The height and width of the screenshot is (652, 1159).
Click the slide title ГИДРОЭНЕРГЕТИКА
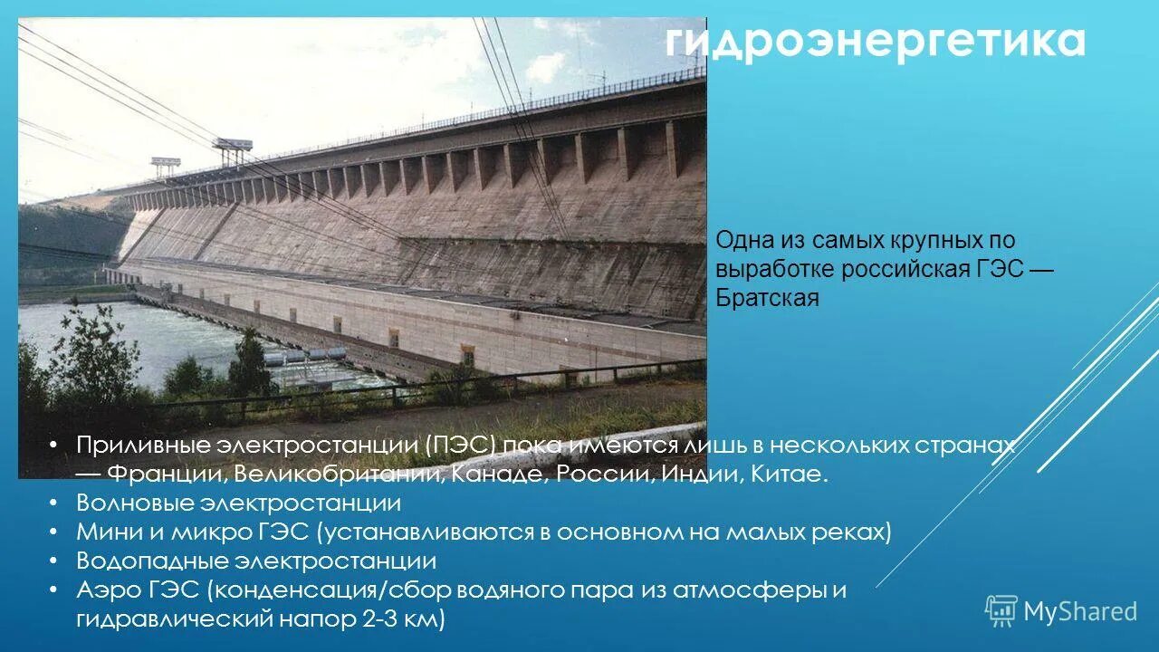click(x=876, y=42)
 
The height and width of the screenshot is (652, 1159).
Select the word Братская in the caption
click(x=767, y=298)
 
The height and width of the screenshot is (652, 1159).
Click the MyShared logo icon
click(x=1001, y=611)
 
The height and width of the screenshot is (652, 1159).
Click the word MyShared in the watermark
click(x=1080, y=612)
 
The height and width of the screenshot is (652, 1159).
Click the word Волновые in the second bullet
click(x=135, y=503)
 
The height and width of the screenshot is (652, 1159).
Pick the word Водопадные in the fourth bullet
click(x=149, y=561)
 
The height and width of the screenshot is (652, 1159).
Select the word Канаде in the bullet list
click(x=495, y=474)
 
